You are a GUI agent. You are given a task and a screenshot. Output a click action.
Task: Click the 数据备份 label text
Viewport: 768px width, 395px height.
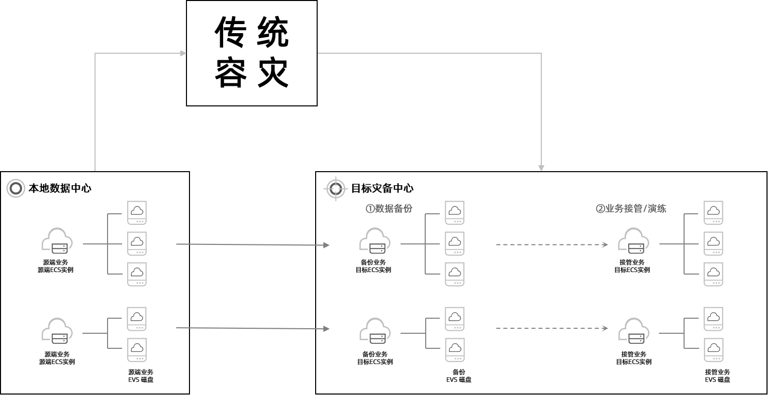pos(394,209)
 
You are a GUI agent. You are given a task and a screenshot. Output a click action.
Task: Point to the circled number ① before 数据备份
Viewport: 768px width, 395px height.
pos(370,209)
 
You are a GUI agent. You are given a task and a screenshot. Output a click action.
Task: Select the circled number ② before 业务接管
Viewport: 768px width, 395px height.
pos(600,209)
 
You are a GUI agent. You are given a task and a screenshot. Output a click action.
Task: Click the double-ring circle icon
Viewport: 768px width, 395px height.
pos(16,188)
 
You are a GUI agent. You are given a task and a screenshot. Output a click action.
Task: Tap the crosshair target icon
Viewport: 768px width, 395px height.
pos(336,189)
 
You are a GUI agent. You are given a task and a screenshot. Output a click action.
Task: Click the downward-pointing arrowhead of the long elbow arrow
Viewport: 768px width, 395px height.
pos(541,168)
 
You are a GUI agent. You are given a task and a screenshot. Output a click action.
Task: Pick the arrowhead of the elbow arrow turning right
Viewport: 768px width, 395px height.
pos(183,53)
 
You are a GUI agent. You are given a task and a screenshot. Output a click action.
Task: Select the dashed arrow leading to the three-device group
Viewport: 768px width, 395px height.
pos(551,245)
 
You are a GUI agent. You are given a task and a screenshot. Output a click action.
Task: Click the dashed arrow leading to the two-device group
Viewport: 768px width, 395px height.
pos(551,329)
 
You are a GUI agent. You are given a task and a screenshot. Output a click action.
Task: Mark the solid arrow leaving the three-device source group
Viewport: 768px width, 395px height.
pos(252,245)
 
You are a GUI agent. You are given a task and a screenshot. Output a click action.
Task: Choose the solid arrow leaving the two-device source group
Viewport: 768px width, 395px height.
pos(252,328)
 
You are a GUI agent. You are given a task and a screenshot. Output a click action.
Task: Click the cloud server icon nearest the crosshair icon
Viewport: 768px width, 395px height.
pos(375,241)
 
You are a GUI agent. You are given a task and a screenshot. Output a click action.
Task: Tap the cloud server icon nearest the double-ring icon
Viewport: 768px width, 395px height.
pos(57,241)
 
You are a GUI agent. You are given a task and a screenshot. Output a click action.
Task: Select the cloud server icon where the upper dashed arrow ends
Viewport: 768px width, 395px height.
pos(633,241)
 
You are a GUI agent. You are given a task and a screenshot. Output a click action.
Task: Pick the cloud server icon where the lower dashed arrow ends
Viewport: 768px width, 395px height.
pos(633,331)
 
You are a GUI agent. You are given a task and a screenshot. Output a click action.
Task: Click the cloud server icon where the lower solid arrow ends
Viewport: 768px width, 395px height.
pos(375,331)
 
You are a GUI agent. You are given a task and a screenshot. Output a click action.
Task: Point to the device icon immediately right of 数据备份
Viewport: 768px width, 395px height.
pos(454,213)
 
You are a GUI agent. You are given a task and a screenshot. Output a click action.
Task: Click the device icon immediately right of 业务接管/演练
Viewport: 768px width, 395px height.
pos(713,213)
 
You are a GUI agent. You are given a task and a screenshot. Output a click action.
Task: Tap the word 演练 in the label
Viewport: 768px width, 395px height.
pos(657,209)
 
